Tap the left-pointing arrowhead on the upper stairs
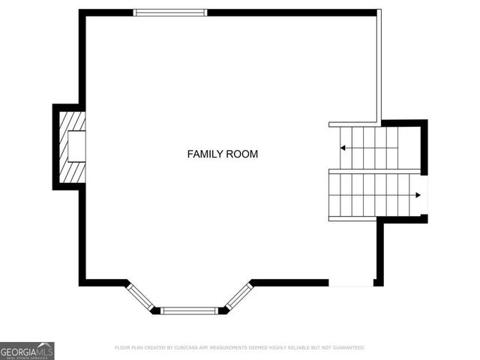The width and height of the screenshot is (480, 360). point(343,148)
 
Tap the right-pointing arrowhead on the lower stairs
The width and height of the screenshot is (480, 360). point(417,194)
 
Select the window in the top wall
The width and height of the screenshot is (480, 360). point(169,13)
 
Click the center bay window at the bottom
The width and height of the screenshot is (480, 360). point(190,310)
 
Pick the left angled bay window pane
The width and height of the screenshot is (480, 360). point(140,295)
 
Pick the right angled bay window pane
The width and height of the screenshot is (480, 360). point(238,295)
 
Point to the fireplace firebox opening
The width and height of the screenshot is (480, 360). point(76,146)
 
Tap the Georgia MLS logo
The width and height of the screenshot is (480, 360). point(27,350)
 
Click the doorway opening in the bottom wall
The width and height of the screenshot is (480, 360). point(351,283)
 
